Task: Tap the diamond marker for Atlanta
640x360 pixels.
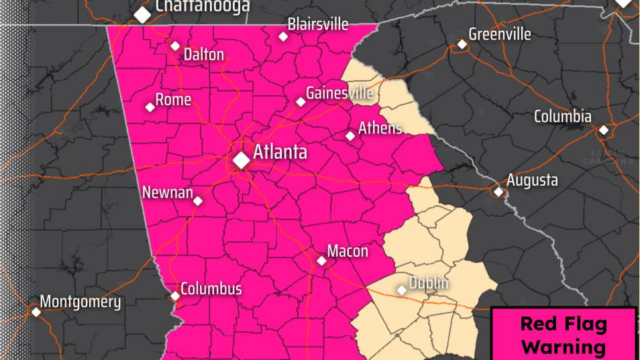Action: coord(242,159)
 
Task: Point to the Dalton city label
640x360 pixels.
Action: coord(204,55)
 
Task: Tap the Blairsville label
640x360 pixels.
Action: coord(319,23)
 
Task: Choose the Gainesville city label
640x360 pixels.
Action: coord(341,93)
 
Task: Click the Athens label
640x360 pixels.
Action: coord(382,128)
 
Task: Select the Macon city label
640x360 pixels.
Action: coord(347,251)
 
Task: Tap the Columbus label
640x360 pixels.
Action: coord(212,289)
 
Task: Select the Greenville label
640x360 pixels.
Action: coord(500,34)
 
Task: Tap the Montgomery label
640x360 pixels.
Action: coord(80,301)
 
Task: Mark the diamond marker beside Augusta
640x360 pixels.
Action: coord(498,191)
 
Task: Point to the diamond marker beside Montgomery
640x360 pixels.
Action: coord(36,311)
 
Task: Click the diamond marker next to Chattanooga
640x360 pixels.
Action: coord(143,15)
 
